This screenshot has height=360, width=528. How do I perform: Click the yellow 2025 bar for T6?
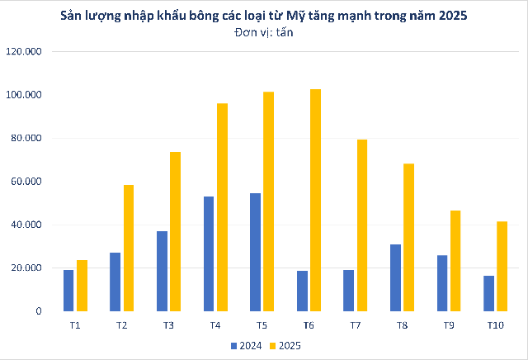coord(316,200)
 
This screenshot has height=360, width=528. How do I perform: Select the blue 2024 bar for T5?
coord(255,252)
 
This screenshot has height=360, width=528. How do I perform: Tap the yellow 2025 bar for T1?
coord(82,286)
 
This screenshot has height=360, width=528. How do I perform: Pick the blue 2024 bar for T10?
coord(488,293)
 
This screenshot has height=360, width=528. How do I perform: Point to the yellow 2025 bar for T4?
coord(222,207)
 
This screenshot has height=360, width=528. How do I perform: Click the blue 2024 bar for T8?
coord(395,277)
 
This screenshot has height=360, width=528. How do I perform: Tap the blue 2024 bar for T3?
coord(162,271)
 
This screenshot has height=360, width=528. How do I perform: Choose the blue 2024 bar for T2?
coord(115,282)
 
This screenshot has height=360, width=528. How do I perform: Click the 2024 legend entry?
coord(247,345)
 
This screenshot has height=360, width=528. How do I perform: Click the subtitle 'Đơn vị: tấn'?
coord(264,33)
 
